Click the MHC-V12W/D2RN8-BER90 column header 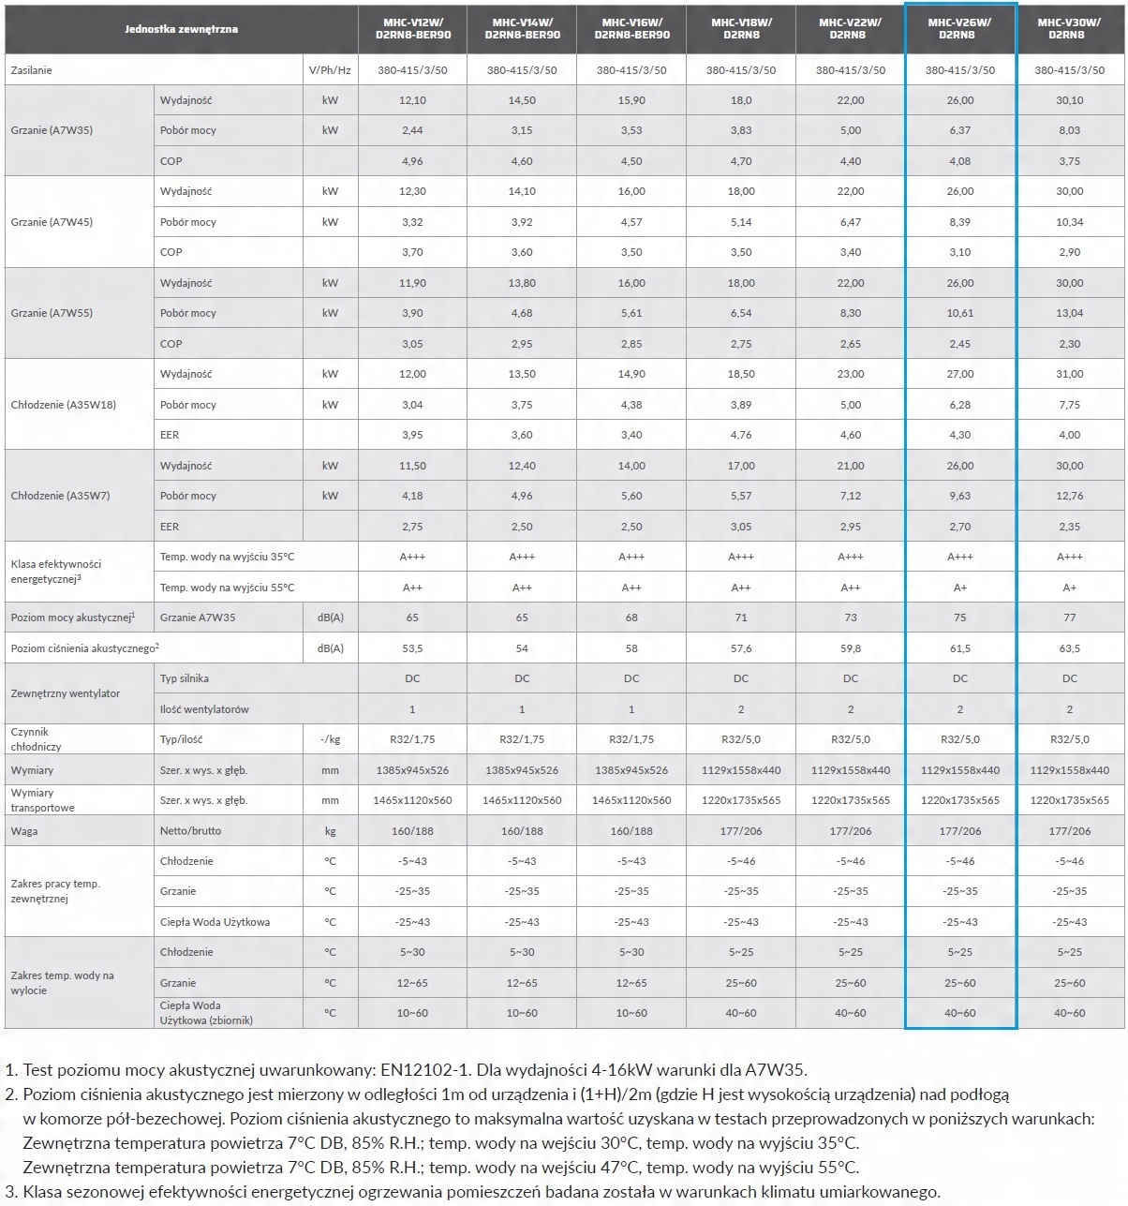[412, 28]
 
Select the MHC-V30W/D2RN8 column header [1069, 28]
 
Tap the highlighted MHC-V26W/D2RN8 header [959, 28]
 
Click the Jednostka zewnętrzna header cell [181, 29]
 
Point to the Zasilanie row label [32, 70]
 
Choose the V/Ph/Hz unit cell [330, 70]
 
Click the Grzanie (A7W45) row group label [52, 222]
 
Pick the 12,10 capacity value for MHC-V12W [412, 100]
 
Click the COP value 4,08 [959, 161]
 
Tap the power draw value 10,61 [959, 313]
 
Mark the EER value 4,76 [741, 435]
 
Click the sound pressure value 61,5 [959, 648]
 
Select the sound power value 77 [1069, 618]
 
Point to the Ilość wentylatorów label [204, 709]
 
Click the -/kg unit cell [330, 739]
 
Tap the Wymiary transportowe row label [42, 800]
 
